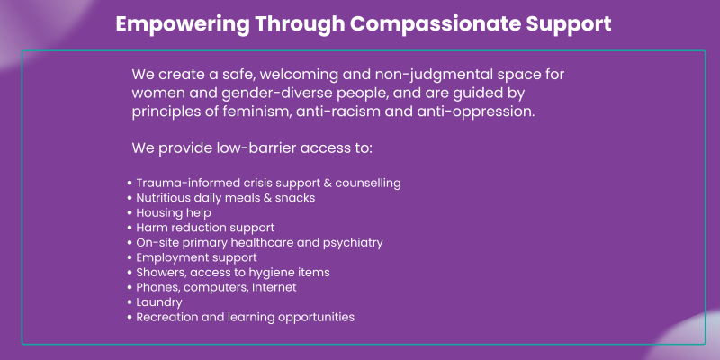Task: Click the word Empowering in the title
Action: point(183,24)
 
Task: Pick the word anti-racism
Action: point(338,112)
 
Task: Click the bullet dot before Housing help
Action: point(130,213)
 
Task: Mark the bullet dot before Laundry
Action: point(130,303)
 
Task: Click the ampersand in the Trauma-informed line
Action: point(327,184)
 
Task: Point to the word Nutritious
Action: point(164,198)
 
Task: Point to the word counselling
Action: point(368,184)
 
